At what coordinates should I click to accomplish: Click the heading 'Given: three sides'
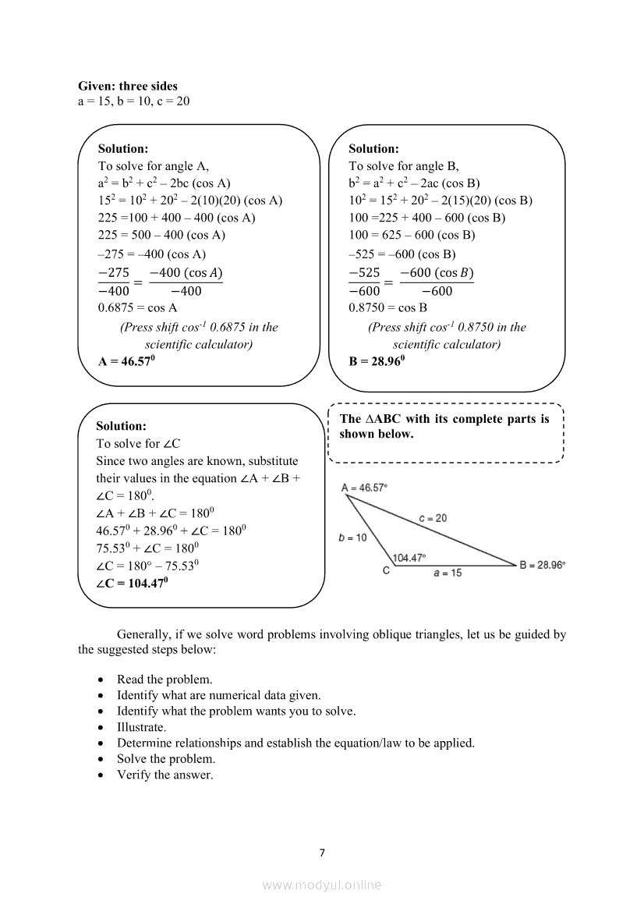[128, 86]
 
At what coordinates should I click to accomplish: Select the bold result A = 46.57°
[127, 361]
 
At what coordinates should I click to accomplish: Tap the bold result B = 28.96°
[377, 361]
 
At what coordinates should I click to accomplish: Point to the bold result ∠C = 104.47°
[132, 583]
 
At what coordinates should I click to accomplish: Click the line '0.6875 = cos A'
[138, 307]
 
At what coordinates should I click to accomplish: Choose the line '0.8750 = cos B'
[388, 307]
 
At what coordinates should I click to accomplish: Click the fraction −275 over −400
[114, 282]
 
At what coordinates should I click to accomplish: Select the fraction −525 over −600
[364, 282]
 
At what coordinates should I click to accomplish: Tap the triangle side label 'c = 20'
[433, 518]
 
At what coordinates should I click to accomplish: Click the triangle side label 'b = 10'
[352, 538]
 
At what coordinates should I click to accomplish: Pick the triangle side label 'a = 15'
[448, 573]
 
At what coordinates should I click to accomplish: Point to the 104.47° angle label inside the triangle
[409, 558]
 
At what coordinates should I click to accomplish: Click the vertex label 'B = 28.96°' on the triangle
[543, 565]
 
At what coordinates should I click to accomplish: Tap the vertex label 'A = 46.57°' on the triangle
[364, 488]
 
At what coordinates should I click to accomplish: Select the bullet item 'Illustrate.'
[141, 727]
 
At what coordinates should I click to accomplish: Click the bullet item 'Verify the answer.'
[165, 775]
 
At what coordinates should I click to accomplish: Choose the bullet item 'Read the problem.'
[165, 680]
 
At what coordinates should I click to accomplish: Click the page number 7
[322, 852]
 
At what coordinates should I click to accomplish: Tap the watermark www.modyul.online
[322, 885]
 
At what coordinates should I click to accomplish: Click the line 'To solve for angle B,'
[404, 165]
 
